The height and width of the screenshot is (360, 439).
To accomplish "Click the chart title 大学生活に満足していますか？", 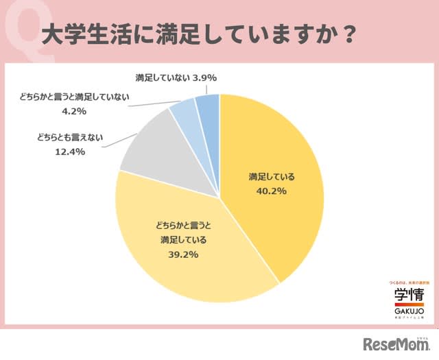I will pos(198,34).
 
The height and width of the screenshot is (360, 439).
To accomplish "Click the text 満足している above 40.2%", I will pos(272,176).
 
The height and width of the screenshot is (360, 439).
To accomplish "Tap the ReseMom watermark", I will pos(396,342).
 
